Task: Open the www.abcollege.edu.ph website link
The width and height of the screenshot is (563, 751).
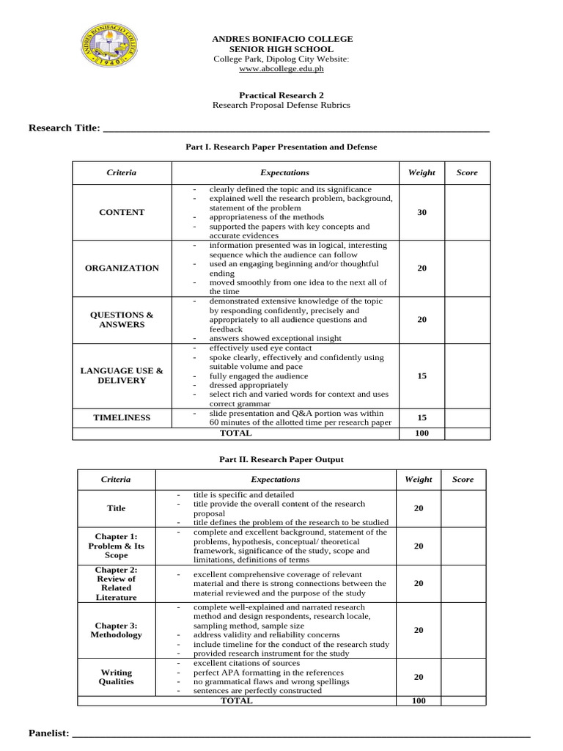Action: pyautogui.click(x=282, y=69)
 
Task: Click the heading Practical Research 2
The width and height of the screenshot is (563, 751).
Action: pyautogui.click(x=281, y=95)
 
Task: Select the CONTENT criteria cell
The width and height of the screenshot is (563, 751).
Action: pyautogui.click(x=122, y=212)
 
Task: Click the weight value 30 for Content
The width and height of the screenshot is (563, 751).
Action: pyautogui.click(x=422, y=212)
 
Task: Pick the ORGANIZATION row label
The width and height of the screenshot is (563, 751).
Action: pyautogui.click(x=122, y=268)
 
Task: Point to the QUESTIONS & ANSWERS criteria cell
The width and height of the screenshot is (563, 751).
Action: pyautogui.click(x=122, y=319)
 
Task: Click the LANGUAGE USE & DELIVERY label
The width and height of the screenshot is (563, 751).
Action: pyautogui.click(x=122, y=375)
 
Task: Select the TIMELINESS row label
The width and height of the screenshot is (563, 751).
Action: pyautogui.click(x=122, y=417)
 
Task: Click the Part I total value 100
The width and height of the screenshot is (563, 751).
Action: pyautogui.click(x=422, y=433)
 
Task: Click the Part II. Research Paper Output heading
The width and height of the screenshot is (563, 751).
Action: pyautogui.click(x=281, y=460)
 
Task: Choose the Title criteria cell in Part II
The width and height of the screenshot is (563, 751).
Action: pyautogui.click(x=117, y=508)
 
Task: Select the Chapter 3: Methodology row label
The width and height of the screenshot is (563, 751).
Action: pyautogui.click(x=117, y=630)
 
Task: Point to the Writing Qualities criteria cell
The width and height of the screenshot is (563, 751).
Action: pyautogui.click(x=117, y=676)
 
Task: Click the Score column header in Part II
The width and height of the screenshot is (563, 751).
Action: pyautogui.click(x=463, y=480)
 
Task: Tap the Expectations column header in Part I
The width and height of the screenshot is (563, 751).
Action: pyautogui.click(x=284, y=173)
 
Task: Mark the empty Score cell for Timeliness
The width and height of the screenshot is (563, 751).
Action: pyautogui.click(x=467, y=417)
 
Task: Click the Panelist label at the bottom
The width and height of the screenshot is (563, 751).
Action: pyautogui.click(x=49, y=733)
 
